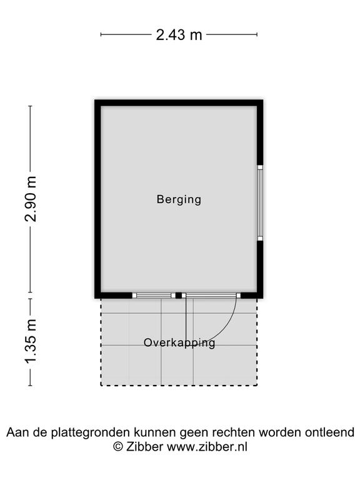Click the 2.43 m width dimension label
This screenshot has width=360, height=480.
coord(179,34)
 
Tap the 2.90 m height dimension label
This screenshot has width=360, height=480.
coord(31,199)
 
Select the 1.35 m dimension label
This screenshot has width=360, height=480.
coord(31,341)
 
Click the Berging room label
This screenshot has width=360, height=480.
coord(179,199)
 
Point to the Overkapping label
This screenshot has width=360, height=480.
coord(179,343)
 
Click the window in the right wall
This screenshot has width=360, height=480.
coord(260,203)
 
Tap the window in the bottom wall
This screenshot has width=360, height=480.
coord(154,296)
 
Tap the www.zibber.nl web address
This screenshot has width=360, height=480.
coord(207,447)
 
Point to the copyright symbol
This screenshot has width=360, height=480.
coord(118,447)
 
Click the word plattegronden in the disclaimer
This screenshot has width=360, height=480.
coord(92,433)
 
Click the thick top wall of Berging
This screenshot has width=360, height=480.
coord(179,103)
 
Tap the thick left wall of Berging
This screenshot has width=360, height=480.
coord(97,199)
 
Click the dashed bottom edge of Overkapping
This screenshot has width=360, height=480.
coord(179,386)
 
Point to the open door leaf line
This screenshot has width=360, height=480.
coord(186,318)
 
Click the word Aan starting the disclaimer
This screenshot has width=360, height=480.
coord(17,432)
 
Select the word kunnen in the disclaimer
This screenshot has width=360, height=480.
coord(156,432)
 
